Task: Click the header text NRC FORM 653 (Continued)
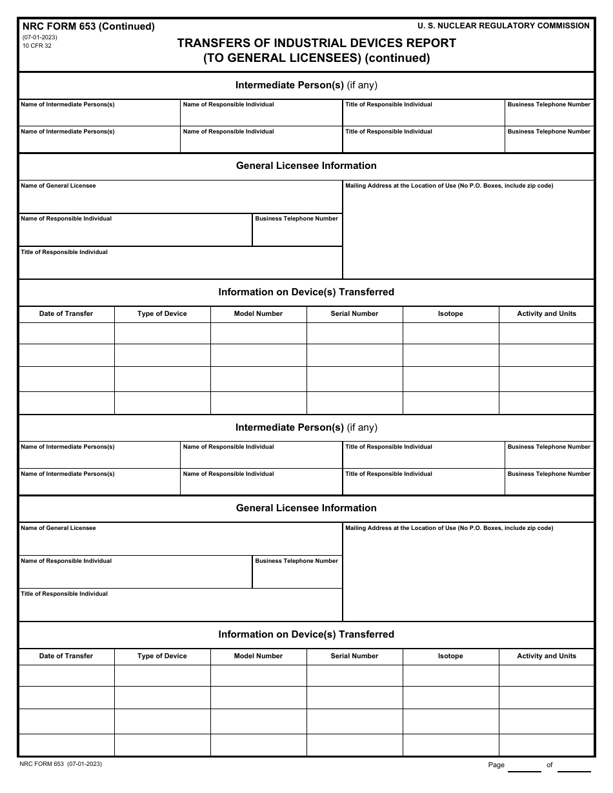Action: coord(88,26)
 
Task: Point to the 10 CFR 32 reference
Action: coord(37,46)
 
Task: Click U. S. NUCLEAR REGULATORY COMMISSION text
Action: coord(503,26)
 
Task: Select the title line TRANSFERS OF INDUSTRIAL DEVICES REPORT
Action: coord(316,43)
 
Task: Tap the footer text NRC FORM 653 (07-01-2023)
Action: coord(61,764)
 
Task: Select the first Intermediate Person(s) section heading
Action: coord(306,85)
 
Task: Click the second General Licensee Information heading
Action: coord(306,508)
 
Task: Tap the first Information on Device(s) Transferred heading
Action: coord(306,292)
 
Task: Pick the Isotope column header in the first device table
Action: coord(450,314)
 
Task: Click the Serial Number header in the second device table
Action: coord(354,656)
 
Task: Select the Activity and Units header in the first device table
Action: coord(547,314)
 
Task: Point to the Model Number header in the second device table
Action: coord(258,656)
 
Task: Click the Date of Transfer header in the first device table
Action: coord(66,314)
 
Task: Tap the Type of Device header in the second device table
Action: coord(162,656)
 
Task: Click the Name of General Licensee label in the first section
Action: coord(58,186)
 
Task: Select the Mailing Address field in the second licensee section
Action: coord(468,574)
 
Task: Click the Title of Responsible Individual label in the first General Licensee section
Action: coord(64,252)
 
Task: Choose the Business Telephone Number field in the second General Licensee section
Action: coord(297,574)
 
